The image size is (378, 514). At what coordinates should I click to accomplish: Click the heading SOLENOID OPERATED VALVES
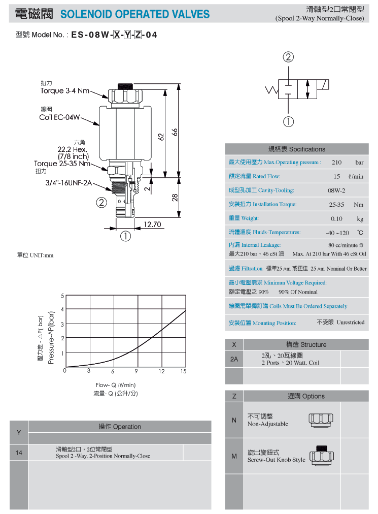pos(135,14)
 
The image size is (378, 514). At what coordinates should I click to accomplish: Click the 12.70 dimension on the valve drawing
pos(152,224)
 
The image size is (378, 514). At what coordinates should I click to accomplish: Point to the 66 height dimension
pos(175,132)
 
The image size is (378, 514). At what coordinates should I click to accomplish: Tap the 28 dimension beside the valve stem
pos(175,198)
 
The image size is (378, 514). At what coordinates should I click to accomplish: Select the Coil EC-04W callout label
pos(59,117)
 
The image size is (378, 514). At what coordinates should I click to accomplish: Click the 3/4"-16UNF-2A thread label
pos(68,183)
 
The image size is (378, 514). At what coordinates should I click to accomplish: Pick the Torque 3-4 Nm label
pos(65,91)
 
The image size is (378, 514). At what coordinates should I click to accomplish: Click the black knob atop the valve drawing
pos(125,87)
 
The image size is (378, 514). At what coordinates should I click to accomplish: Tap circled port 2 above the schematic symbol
pos(288,57)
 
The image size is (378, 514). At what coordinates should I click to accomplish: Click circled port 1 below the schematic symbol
pos(288,121)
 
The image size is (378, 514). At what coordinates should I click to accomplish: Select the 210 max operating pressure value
pos(336,162)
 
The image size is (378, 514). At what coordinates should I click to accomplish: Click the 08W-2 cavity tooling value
pos(336,190)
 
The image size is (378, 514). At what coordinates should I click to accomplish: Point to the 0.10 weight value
pos(336,218)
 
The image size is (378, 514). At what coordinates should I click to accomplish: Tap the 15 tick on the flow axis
pos(184,371)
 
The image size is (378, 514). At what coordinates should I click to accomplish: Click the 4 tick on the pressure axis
pos(62,309)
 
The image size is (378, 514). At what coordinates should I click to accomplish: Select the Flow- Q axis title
pos(116,385)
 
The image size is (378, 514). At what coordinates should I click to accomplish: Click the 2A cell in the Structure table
pos(234,359)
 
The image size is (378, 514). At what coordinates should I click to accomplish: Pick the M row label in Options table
pos(234,456)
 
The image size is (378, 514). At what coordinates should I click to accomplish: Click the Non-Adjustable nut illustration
pos(321,420)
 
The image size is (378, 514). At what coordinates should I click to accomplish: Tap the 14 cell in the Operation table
pos(19,453)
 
